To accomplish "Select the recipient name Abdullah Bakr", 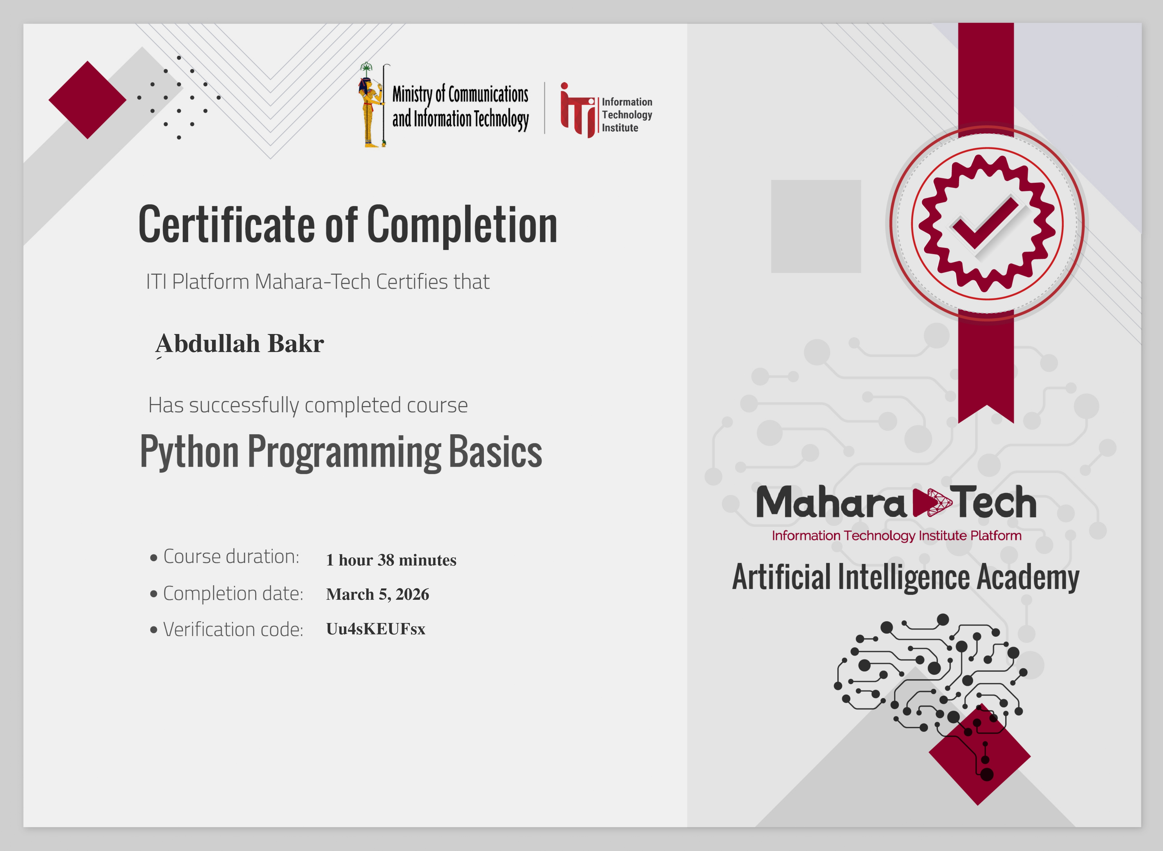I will [x=240, y=344].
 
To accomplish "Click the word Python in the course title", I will [x=189, y=452].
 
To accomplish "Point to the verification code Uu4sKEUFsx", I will [x=376, y=629].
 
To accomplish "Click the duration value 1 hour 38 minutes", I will [x=391, y=560].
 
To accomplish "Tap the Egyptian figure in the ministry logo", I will [x=371, y=106].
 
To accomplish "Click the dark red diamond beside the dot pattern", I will [x=87, y=100].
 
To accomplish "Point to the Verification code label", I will [x=233, y=629].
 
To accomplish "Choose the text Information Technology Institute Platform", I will [x=896, y=536].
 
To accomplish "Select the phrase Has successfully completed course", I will [x=308, y=405].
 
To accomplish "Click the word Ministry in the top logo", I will [x=412, y=94].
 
